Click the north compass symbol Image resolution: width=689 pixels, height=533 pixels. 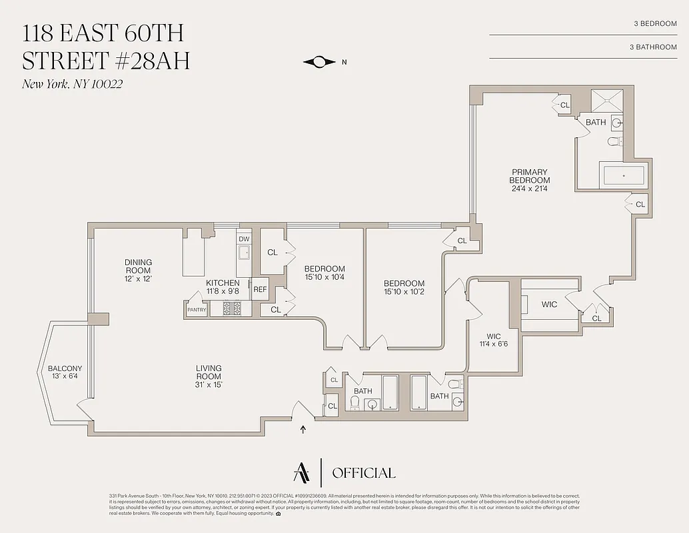coord(319,62)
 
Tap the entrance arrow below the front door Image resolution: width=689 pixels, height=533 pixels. coord(304,429)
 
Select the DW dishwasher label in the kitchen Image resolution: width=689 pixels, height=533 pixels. coord(244,239)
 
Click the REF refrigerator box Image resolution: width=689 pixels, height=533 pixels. coord(259,289)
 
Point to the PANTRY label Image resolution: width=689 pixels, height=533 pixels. coord(197,309)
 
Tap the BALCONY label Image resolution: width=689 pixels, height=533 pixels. coord(65,368)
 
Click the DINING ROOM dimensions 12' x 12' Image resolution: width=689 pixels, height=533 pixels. coord(138,278)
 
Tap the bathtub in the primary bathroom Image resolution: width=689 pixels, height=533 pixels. coord(624,176)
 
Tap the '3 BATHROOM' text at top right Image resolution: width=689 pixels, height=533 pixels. coord(652,47)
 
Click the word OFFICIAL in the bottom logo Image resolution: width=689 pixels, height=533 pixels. coord(363,473)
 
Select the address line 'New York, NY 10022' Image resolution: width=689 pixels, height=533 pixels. coord(72,84)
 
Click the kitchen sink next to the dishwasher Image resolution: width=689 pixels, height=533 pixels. coord(244,252)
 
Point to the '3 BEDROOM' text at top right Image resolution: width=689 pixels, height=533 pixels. coord(655,24)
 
